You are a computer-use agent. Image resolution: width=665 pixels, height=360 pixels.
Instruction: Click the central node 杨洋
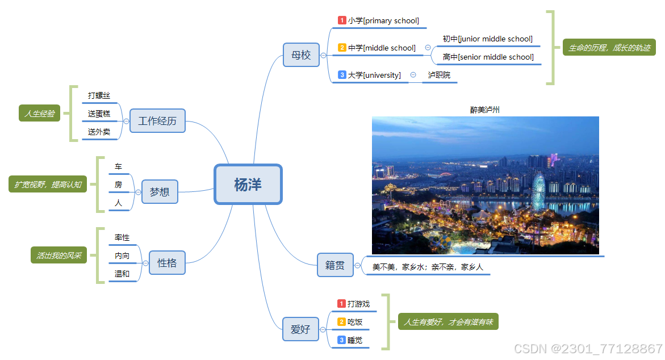coord(248,184)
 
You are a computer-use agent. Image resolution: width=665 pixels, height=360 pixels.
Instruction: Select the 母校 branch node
coord(301,55)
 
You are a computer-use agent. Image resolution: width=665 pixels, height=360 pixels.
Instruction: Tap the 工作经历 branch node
coord(157,121)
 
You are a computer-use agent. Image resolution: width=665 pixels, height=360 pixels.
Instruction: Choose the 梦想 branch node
coord(160,192)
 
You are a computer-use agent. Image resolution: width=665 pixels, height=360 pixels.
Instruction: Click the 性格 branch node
coord(167,263)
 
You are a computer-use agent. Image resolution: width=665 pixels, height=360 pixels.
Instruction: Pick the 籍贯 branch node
coord(335,265)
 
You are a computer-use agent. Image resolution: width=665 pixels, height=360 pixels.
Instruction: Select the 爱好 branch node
coord(300,329)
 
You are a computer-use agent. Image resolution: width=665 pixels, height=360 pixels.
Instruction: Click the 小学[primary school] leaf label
coord(383,20)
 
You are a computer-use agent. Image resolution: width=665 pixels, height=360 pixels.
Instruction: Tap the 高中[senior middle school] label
coord(488,57)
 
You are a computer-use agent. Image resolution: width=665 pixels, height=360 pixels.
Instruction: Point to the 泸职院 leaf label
coord(439,75)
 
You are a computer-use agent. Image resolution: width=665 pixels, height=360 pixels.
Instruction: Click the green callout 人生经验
coord(39,114)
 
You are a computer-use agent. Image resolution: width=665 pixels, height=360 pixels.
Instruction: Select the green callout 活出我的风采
coord(58,256)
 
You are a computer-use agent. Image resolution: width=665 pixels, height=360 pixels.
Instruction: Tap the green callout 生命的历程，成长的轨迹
coord(609,48)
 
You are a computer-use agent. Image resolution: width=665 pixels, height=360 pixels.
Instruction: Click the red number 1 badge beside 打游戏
coord(341,304)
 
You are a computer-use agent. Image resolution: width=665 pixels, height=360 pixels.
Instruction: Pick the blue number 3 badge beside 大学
coord(342,75)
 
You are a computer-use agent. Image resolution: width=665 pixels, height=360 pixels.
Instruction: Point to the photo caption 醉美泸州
coord(485,110)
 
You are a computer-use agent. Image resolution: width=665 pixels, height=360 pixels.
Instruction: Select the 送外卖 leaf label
coord(99,132)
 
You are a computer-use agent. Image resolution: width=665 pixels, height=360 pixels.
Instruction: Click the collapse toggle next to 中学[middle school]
coord(428,48)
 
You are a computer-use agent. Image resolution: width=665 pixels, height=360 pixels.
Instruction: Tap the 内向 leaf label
coord(122,256)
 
